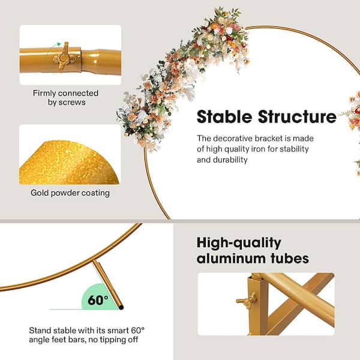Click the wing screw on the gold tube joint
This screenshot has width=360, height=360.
pyautogui.click(x=64, y=56)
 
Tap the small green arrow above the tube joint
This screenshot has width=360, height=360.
pyautogui.click(x=59, y=44)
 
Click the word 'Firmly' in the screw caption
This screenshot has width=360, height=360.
pyautogui.click(x=44, y=93)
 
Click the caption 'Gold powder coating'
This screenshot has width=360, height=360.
pyautogui.click(x=70, y=193)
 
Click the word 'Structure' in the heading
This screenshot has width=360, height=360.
pyautogui.click(x=298, y=116)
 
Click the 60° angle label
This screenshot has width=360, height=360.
pyautogui.click(x=98, y=299)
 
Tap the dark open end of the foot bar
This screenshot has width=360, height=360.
pyautogui.click(x=121, y=307)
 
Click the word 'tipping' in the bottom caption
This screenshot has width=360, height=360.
pyautogui.click(x=110, y=340)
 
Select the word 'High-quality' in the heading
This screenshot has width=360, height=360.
pyautogui.click(x=239, y=243)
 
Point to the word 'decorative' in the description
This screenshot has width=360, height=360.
pyautogui.click(x=232, y=138)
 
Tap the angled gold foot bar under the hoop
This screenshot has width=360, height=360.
pyautogui.click(x=107, y=284)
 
